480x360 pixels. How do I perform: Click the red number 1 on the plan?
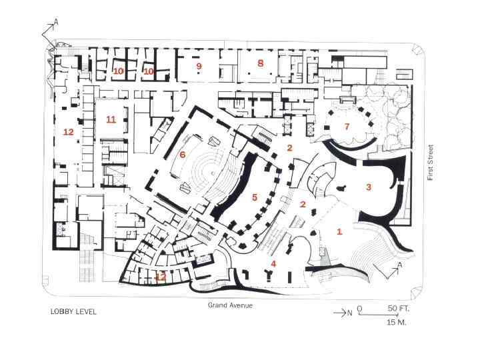point(339,232)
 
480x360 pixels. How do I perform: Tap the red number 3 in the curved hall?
point(369,187)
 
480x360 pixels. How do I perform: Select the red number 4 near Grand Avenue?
point(274,263)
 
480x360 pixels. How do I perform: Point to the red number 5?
point(255,197)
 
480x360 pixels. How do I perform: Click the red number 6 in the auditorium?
point(183,155)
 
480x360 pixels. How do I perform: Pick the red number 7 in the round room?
point(347,126)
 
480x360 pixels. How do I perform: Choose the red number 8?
point(261,63)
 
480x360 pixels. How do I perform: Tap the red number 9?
point(199,66)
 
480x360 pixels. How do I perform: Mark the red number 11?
point(111,119)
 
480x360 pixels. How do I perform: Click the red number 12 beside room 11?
point(69,132)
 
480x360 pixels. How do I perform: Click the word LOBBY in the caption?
point(61,311)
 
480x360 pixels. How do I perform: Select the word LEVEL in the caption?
point(85,311)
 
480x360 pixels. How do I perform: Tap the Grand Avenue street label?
point(230,305)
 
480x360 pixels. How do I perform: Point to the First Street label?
point(431,162)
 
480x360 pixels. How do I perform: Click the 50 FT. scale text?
point(398,308)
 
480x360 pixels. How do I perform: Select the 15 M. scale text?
point(397,323)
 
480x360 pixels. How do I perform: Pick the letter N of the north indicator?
point(349,313)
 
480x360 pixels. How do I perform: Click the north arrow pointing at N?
point(340,313)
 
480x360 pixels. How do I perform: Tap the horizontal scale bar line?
point(378,315)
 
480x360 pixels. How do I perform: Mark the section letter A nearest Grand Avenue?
point(400,265)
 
